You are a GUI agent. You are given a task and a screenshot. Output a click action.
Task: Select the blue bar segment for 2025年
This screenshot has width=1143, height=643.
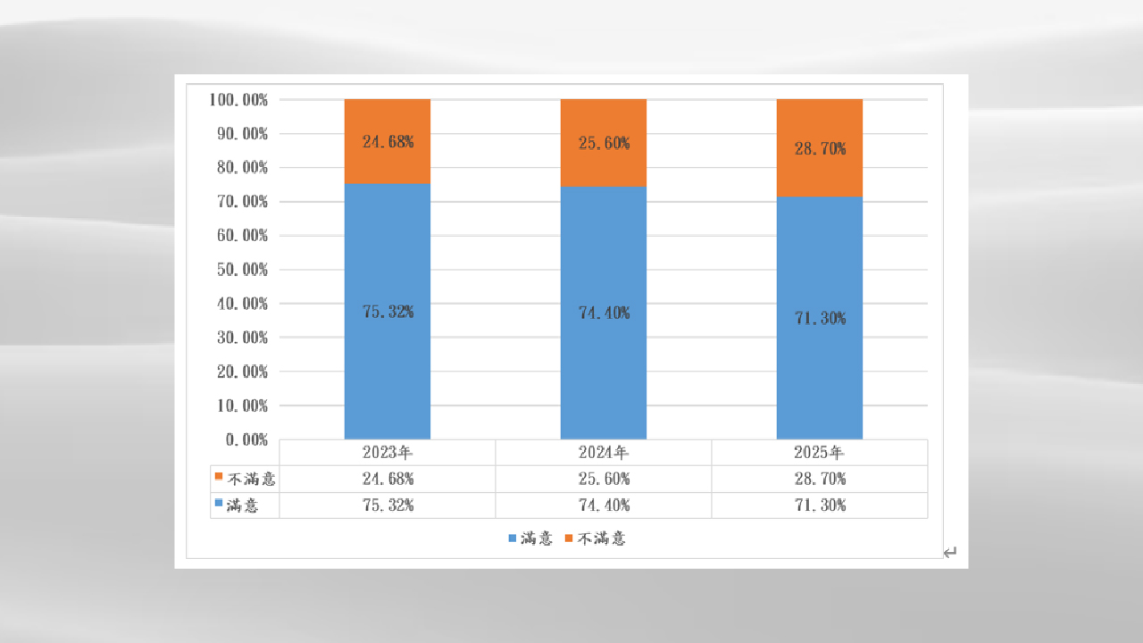(820, 375)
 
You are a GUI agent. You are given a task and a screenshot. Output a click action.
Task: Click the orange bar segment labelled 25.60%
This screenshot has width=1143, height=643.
(604, 165)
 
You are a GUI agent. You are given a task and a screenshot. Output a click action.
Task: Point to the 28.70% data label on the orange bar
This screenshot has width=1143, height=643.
(820, 149)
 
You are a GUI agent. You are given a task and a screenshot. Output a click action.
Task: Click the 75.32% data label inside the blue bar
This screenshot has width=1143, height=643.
(388, 312)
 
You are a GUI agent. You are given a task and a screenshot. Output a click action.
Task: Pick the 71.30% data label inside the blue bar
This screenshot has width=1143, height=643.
(820, 318)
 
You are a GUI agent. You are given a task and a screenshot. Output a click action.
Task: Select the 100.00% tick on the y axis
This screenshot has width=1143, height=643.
(238, 99)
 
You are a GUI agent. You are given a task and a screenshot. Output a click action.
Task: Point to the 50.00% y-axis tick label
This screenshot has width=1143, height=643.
(242, 270)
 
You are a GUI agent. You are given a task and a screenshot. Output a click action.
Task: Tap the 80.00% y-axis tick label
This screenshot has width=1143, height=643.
(242, 168)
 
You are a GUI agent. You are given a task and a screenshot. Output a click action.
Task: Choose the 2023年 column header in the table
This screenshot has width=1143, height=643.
(388, 453)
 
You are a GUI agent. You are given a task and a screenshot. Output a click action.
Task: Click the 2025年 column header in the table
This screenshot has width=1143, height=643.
(820, 453)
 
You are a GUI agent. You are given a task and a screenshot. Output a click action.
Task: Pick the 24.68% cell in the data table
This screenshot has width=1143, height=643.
(388, 479)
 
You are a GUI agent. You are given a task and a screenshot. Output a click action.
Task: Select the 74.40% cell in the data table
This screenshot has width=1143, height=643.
(604, 505)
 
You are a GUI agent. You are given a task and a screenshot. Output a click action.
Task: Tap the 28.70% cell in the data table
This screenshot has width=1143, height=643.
(820, 479)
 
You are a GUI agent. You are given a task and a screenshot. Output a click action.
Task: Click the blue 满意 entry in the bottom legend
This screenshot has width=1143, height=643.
(530, 539)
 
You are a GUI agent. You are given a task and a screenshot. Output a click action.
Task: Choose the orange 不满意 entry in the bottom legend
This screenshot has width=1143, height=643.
(595, 539)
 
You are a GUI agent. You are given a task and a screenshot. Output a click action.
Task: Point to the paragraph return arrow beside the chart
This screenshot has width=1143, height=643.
(950, 553)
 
